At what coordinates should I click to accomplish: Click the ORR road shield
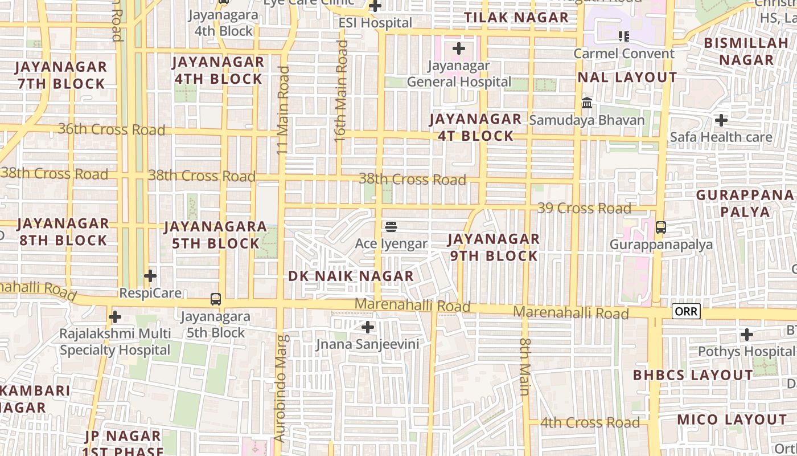[x=686, y=312]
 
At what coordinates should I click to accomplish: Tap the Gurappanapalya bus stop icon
[x=661, y=227]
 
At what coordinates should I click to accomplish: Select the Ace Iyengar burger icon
[x=391, y=227]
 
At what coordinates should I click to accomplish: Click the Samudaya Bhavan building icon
[x=587, y=103]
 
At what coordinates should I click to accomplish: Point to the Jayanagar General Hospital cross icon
[x=459, y=48]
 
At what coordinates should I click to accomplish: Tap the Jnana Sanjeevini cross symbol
[x=368, y=327]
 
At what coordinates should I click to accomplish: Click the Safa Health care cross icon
[x=721, y=120]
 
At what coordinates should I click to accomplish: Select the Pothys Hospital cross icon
[x=747, y=334]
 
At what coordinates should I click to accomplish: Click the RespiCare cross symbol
[x=150, y=276]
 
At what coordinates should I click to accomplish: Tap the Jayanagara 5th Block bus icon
[x=216, y=299]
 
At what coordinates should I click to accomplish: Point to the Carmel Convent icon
[x=624, y=36]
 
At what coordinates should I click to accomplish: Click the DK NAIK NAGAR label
[x=351, y=276]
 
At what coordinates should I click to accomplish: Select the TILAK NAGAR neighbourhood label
[x=516, y=18]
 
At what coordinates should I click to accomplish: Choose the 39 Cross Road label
[x=584, y=208]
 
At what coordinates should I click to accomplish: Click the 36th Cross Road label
[x=112, y=130]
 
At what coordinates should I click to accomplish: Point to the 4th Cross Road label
[x=590, y=423]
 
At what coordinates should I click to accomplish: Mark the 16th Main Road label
[x=341, y=91]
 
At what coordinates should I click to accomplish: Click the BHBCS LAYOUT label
[x=693, y=375]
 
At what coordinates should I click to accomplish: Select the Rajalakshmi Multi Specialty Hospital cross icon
[x=115, y=316]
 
